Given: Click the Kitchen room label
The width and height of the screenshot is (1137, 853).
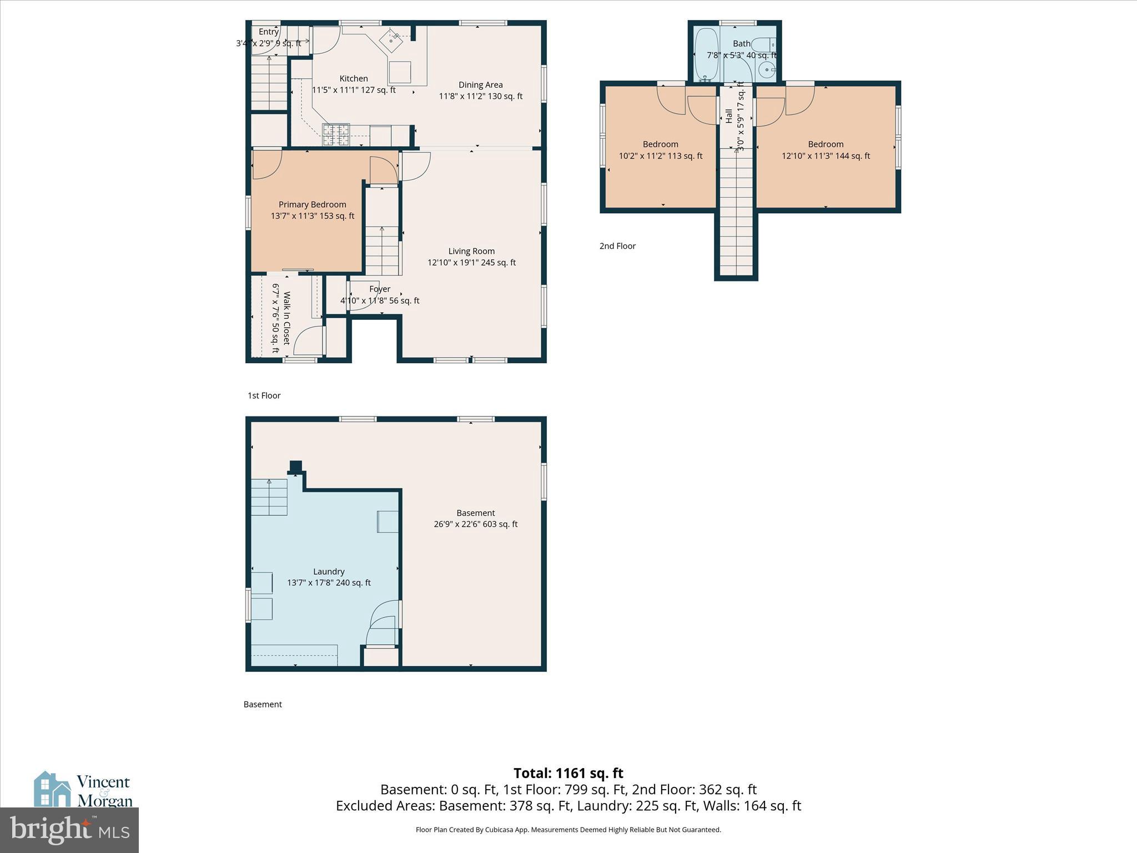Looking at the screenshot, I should pos(354,79).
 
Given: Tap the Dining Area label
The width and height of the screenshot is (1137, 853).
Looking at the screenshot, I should pos(480,85).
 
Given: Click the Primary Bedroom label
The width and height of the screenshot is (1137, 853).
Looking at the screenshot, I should pos(312,204).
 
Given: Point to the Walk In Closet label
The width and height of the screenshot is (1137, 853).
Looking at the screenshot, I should pos(287,318).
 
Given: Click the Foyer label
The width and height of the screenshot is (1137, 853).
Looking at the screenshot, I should pos(380,289).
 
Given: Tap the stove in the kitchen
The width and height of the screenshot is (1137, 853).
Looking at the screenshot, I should pos(336,134).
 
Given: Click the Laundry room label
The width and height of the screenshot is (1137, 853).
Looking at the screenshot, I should pos(329,571).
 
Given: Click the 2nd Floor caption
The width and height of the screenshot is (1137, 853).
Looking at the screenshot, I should pos(617,246).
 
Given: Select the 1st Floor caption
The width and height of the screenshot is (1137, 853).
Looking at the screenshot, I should pos(264,395).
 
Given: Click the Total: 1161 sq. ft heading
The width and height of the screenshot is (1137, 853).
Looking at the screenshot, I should pos(568,773).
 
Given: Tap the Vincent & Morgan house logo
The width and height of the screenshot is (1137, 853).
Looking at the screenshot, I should pos(53,789).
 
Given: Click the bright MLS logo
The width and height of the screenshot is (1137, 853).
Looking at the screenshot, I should pos(69,830).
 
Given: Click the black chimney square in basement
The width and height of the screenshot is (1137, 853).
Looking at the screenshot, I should pos(296,466).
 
